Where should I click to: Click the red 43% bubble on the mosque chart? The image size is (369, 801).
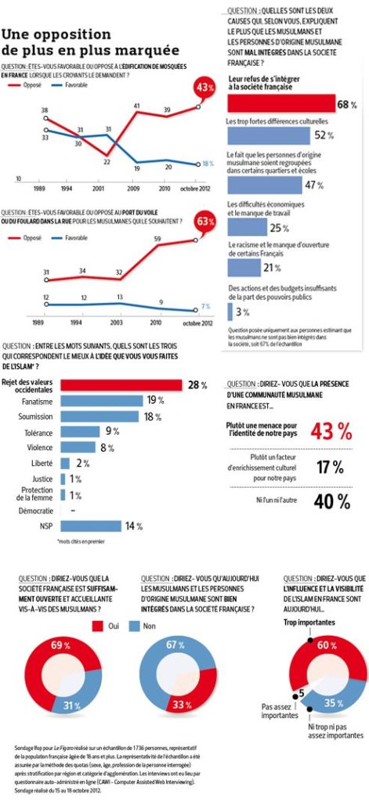coord(205,88)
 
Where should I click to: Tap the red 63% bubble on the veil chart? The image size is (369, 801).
coord(205,222)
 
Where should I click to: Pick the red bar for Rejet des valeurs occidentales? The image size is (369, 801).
coord(121,385)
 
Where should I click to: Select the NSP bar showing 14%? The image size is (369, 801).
coord(91,526)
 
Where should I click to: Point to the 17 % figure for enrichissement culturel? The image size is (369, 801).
coord(329,467)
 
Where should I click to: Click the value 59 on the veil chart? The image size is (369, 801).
coord(157,239)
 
